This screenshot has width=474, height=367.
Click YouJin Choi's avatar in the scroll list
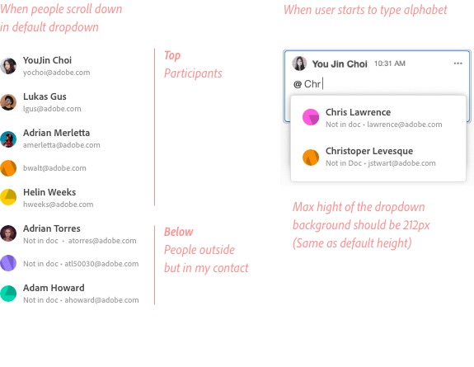(8, 66)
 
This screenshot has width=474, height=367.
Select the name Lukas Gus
(45, 96)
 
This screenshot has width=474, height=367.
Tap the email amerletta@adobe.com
(62, 145)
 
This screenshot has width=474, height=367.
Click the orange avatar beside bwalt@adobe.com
(8, 168)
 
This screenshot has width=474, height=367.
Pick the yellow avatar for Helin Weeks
(8, 197)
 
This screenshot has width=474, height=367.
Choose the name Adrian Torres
(52, 228)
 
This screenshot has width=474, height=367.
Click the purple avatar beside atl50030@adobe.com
(8, 263)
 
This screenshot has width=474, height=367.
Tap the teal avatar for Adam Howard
(8, 294)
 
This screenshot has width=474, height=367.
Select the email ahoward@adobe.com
(101, 300)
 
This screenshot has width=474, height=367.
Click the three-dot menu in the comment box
(458, 64)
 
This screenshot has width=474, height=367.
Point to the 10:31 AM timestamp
(390, 64)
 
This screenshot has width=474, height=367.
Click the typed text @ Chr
(307, 84)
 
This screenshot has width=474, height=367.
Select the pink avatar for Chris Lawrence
(311, 117)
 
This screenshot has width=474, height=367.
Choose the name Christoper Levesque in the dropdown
(369, 151)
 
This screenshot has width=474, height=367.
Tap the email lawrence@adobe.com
(405, 125)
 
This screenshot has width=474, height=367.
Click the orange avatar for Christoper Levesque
(311, 158)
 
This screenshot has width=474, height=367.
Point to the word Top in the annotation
(172, 56)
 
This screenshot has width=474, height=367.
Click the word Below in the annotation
(179, 232)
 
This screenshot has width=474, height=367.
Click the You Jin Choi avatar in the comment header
(299, 64)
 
